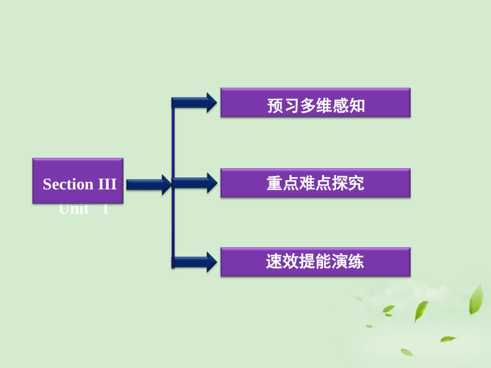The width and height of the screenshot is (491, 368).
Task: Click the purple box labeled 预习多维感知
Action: (315, 103)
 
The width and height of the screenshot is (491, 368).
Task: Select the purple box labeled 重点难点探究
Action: (315, 183)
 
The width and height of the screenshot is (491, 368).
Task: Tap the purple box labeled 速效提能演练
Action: (315, 262)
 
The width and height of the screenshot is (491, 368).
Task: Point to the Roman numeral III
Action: (108, 184)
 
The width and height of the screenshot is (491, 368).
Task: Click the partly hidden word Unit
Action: (74, 209)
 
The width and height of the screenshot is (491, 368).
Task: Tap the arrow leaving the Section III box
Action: (148, 184)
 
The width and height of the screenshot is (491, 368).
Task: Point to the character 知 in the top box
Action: (357, 106)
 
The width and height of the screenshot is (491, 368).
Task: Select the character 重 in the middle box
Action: (274, 184)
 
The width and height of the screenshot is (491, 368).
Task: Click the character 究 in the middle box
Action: (356, 184)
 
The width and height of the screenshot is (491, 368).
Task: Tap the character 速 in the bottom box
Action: (274, 262)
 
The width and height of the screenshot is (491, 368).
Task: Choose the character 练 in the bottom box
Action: (356, 262)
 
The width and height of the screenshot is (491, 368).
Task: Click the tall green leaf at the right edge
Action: (475, 300)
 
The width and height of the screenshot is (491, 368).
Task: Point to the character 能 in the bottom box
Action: (324, 262)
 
